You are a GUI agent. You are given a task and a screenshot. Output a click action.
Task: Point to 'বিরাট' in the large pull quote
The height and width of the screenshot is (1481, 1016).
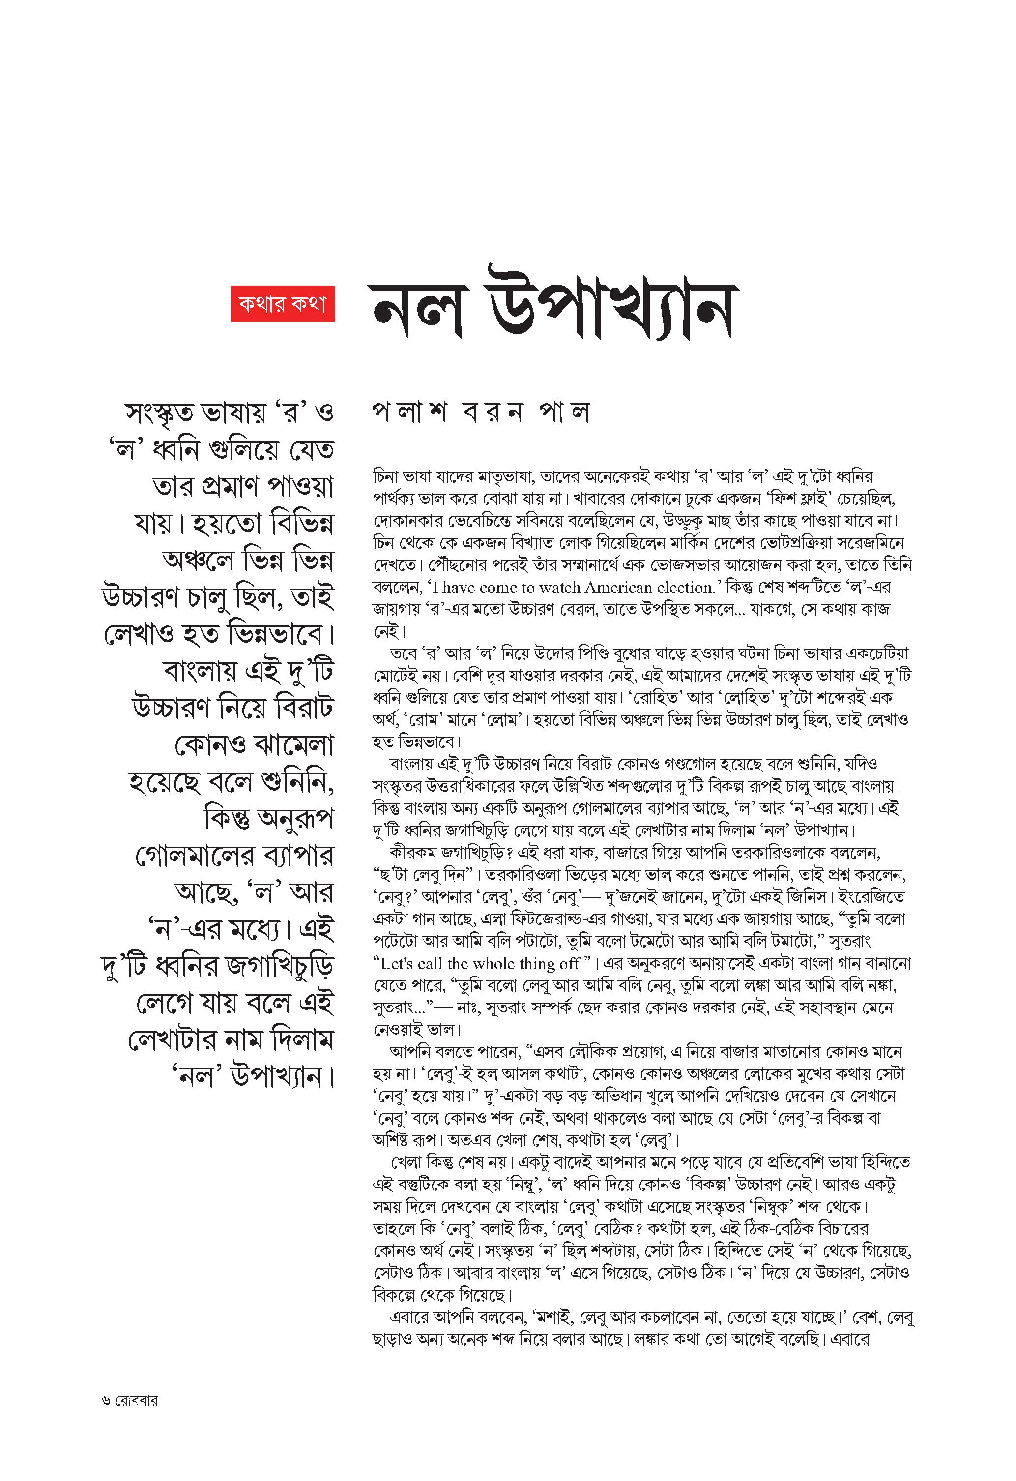click(304, 708)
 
